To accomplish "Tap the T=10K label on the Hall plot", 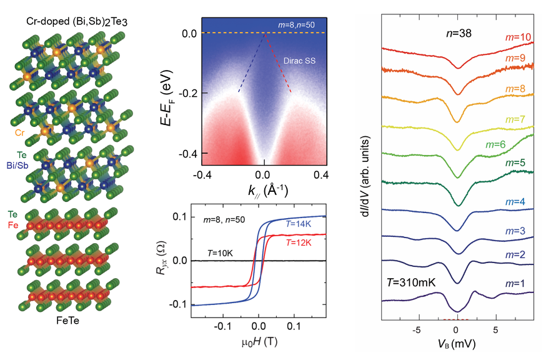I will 220,253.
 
